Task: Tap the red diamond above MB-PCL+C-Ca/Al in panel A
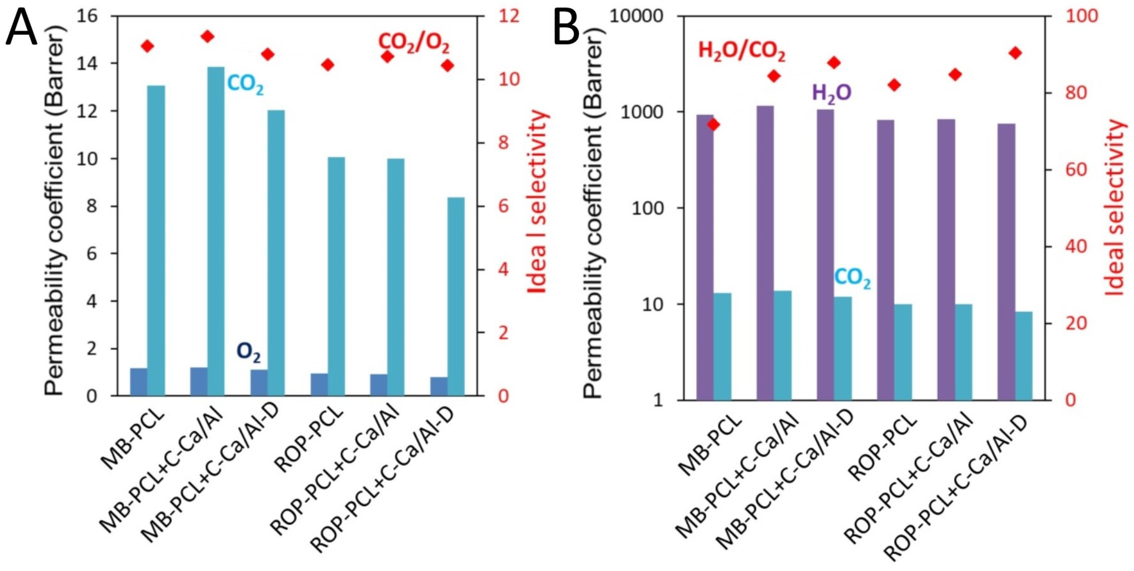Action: (x=207, y=36)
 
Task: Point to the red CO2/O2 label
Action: (x=414, y=43)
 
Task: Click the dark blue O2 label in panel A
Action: (x=249, y=353)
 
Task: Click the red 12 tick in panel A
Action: (x=508, y=16)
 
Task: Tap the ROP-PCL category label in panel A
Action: (x=308, y=440)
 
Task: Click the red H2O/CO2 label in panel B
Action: (x=742, y=51)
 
